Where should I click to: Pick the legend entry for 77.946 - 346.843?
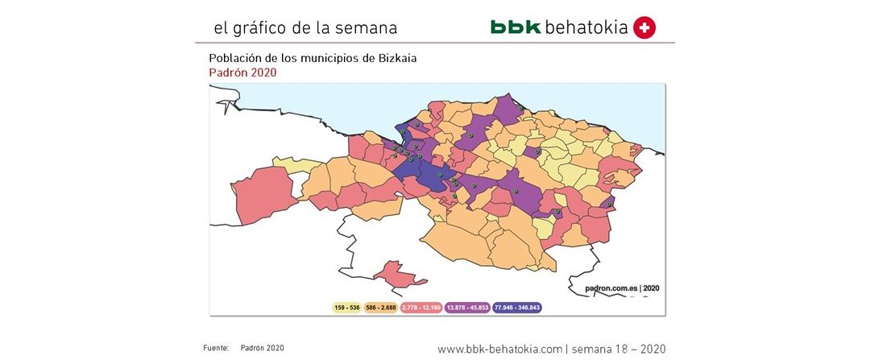pyautogui.click(x=518, y=308)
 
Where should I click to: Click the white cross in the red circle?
pyautogui.click(x=644, y=27)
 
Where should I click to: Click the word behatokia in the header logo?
pyautogui.click(x=586, y=27)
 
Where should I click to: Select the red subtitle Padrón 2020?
pyautogui.click(x=242, y=72)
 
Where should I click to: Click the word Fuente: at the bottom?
pyautogui.click(x=216, y=348)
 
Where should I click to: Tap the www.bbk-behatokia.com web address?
pyautogui.click(x=499, y=349)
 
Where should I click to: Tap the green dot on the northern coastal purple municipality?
pyautogui.click(x=521, y=110)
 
